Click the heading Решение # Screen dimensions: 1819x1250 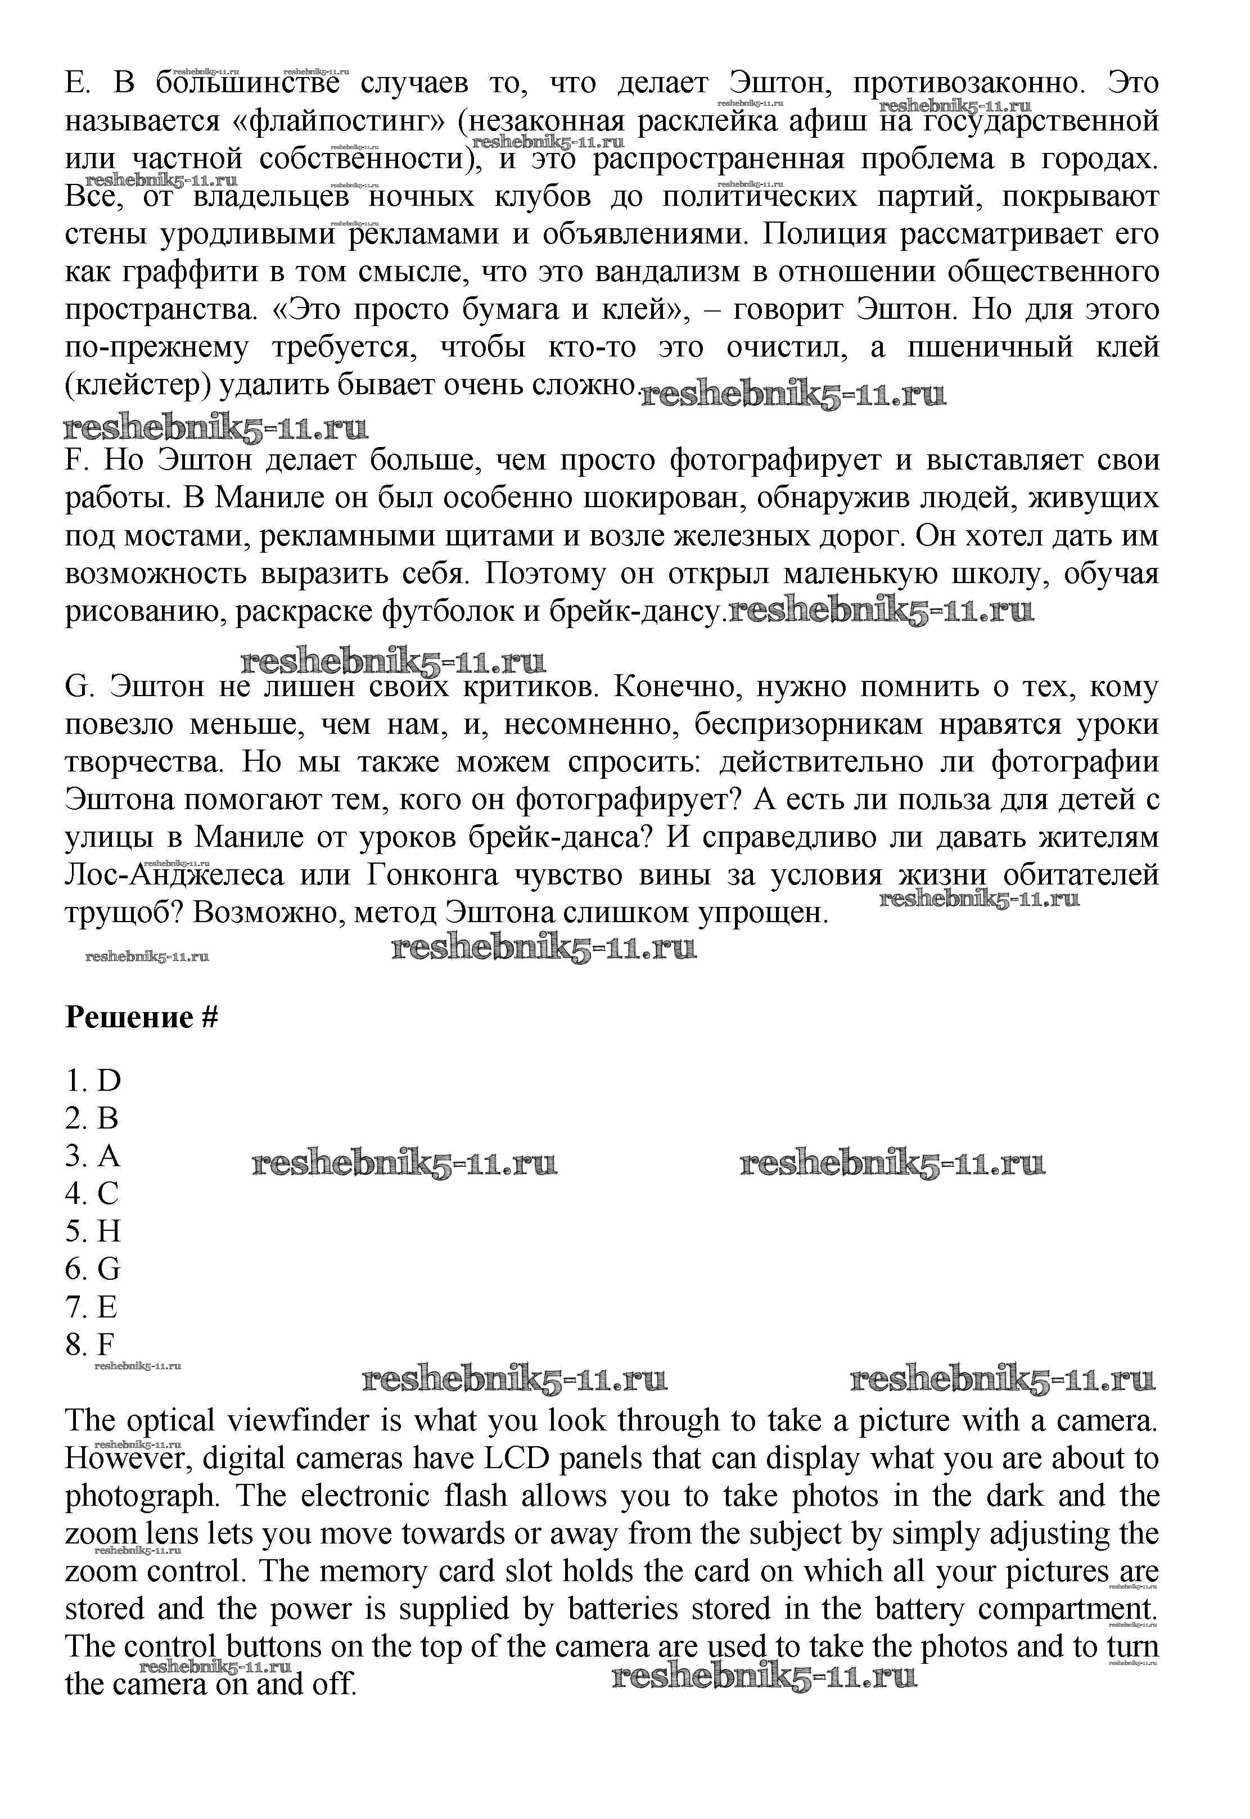click(x=141, y=1017)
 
